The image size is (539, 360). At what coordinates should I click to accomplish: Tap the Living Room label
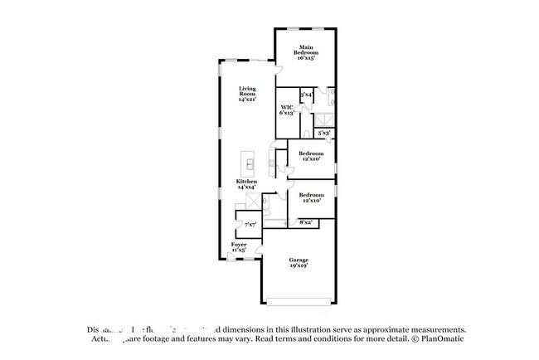246,94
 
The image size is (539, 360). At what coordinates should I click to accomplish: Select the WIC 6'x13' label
286,110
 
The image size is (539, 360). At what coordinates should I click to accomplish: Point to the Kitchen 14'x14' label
245,184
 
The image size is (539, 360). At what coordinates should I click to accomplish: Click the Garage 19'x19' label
299,263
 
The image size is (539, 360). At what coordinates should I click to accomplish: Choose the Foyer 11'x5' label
239,247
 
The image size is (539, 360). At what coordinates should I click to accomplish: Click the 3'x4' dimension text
306,95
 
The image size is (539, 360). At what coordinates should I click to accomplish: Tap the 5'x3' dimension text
325,133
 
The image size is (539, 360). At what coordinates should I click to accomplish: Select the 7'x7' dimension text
250,224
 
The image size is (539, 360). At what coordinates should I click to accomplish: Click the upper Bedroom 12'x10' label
311,156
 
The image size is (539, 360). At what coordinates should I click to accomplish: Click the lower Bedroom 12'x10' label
311,197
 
